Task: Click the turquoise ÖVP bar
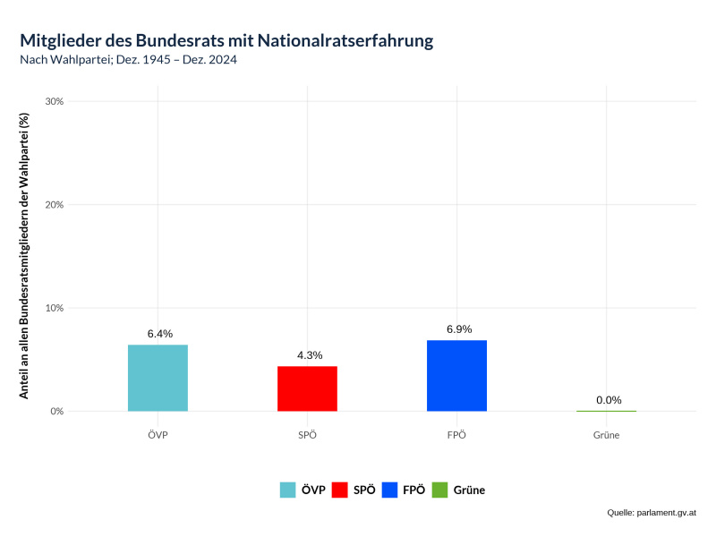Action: [158, 378]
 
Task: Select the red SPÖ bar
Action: [307, 388]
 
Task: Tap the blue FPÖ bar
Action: [457, 375]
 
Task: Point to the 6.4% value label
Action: [159, 334]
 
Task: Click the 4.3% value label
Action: [309, 355]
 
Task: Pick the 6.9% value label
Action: [458, 329]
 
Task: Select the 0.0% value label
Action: [609, 400]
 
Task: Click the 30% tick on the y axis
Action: [54, 101]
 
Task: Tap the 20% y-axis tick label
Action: [54, 205]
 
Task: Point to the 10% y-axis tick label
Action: [54, 308]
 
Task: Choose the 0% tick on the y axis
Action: [56, 412]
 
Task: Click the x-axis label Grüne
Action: [606, 435]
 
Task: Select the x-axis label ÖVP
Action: [158, 435]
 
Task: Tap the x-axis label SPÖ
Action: [307, 435]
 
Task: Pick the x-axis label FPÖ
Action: [457, 435]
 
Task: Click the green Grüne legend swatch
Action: [439, 490]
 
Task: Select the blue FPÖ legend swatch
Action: [389, 490]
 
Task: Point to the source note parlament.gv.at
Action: [665, 513]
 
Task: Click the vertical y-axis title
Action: [25, 256]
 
